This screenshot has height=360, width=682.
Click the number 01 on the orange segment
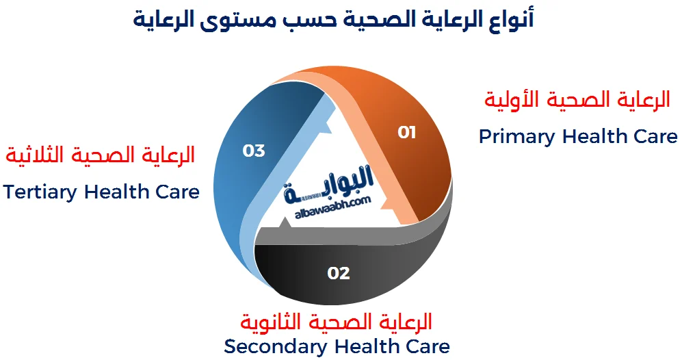pos(407,132)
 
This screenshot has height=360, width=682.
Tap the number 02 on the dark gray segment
pos(339,273)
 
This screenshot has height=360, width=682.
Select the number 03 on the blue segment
pos(254,151)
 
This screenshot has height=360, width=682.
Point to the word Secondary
pos(276,346)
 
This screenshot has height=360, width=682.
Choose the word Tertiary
pos(40,192)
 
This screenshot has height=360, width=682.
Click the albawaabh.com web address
pos(332,207)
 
